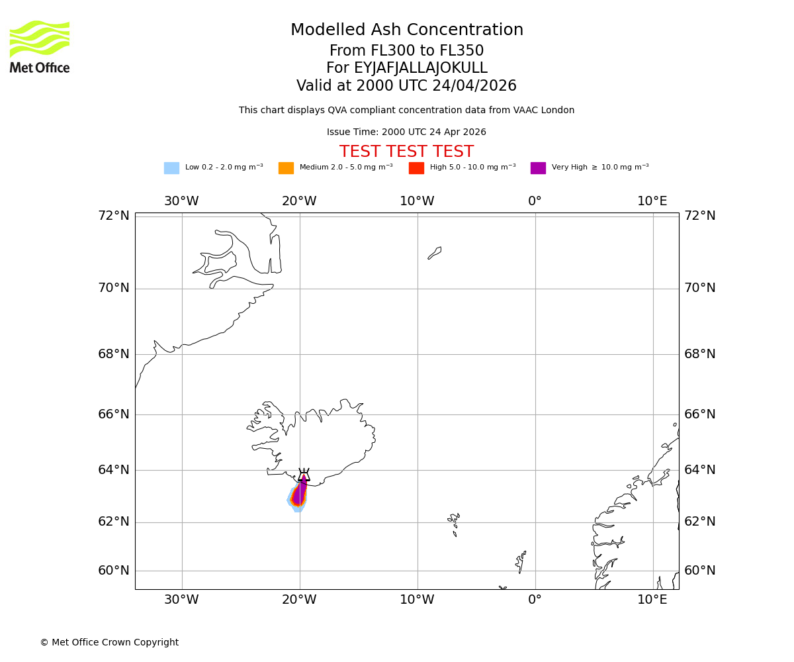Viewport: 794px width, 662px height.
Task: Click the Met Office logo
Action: tap(40, 46)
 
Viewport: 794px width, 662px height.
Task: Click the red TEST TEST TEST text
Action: tap(406, 152)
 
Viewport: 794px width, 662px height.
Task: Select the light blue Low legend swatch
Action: tap(171, 167)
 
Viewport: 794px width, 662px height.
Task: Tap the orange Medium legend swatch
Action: tap(286, 167)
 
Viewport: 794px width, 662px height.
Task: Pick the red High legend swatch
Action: tap(416, 167)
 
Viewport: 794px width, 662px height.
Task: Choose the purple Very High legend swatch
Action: tap(538, 167)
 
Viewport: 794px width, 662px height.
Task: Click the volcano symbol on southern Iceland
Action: tap(304, 475)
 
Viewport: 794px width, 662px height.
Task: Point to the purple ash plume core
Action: tap(300, 493)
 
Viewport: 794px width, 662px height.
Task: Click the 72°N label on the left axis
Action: tap(114, 215)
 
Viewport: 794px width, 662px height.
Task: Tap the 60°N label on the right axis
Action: tap(700, 570)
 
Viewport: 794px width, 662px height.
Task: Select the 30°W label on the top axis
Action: tap(181, 201)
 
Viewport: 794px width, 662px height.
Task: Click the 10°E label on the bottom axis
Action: tap(652, 600)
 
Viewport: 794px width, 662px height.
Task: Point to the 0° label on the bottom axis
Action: tap(535, 600)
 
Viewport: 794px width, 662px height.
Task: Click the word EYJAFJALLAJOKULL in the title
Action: tap(421, 68)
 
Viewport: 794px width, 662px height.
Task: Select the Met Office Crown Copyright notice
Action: tap(109, 642)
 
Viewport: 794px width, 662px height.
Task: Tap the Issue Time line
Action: tap(406, 132)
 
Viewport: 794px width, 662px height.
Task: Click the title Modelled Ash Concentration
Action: tap(406, 30)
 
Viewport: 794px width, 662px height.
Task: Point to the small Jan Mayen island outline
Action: tap(435, 253)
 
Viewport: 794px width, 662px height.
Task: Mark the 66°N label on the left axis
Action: tap(114, 414)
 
